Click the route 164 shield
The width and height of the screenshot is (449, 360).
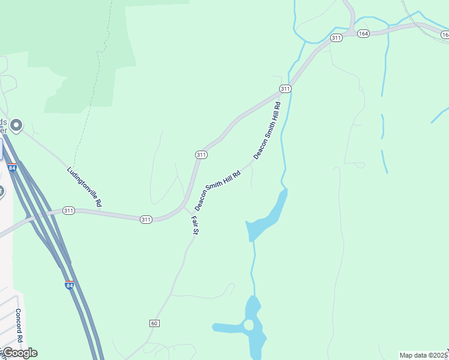pos(363,34)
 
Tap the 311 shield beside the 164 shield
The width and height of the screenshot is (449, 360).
pos(336,38)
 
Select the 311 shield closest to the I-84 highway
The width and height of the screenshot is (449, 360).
pos(68,211)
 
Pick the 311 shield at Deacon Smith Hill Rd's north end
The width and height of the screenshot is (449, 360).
pos(285,89)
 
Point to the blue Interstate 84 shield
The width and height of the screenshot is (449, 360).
pos(70,285)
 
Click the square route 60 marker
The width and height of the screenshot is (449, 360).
pos(155,323)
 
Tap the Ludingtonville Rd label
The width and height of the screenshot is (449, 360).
pos(84,187)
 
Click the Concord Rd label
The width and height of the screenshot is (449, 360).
pos(19,325)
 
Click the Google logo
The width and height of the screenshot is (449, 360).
pos(20,352)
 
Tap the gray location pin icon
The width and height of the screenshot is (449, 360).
pos(16,125)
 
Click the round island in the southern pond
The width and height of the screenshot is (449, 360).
pos(249,325)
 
